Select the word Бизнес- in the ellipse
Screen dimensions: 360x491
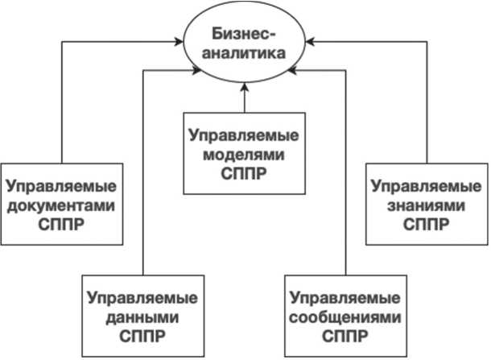coord(245,34)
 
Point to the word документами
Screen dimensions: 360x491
coord(61,205)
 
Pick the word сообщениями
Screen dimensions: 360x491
coord(345,316)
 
